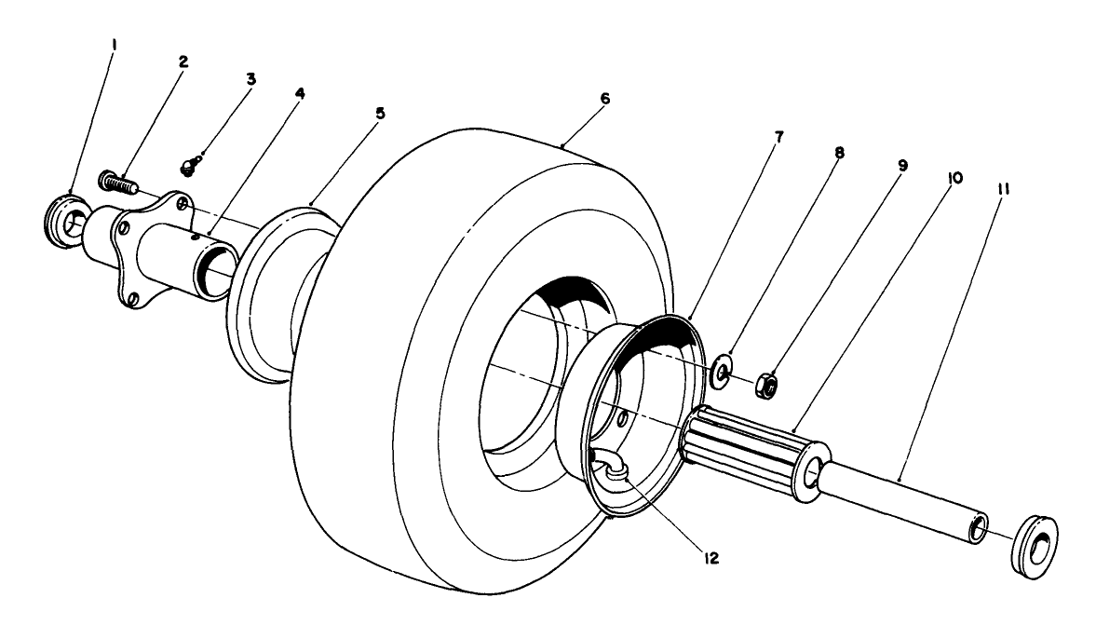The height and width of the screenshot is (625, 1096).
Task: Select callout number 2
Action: pos(183,61)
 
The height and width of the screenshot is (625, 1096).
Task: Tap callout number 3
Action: pos(250,78)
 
